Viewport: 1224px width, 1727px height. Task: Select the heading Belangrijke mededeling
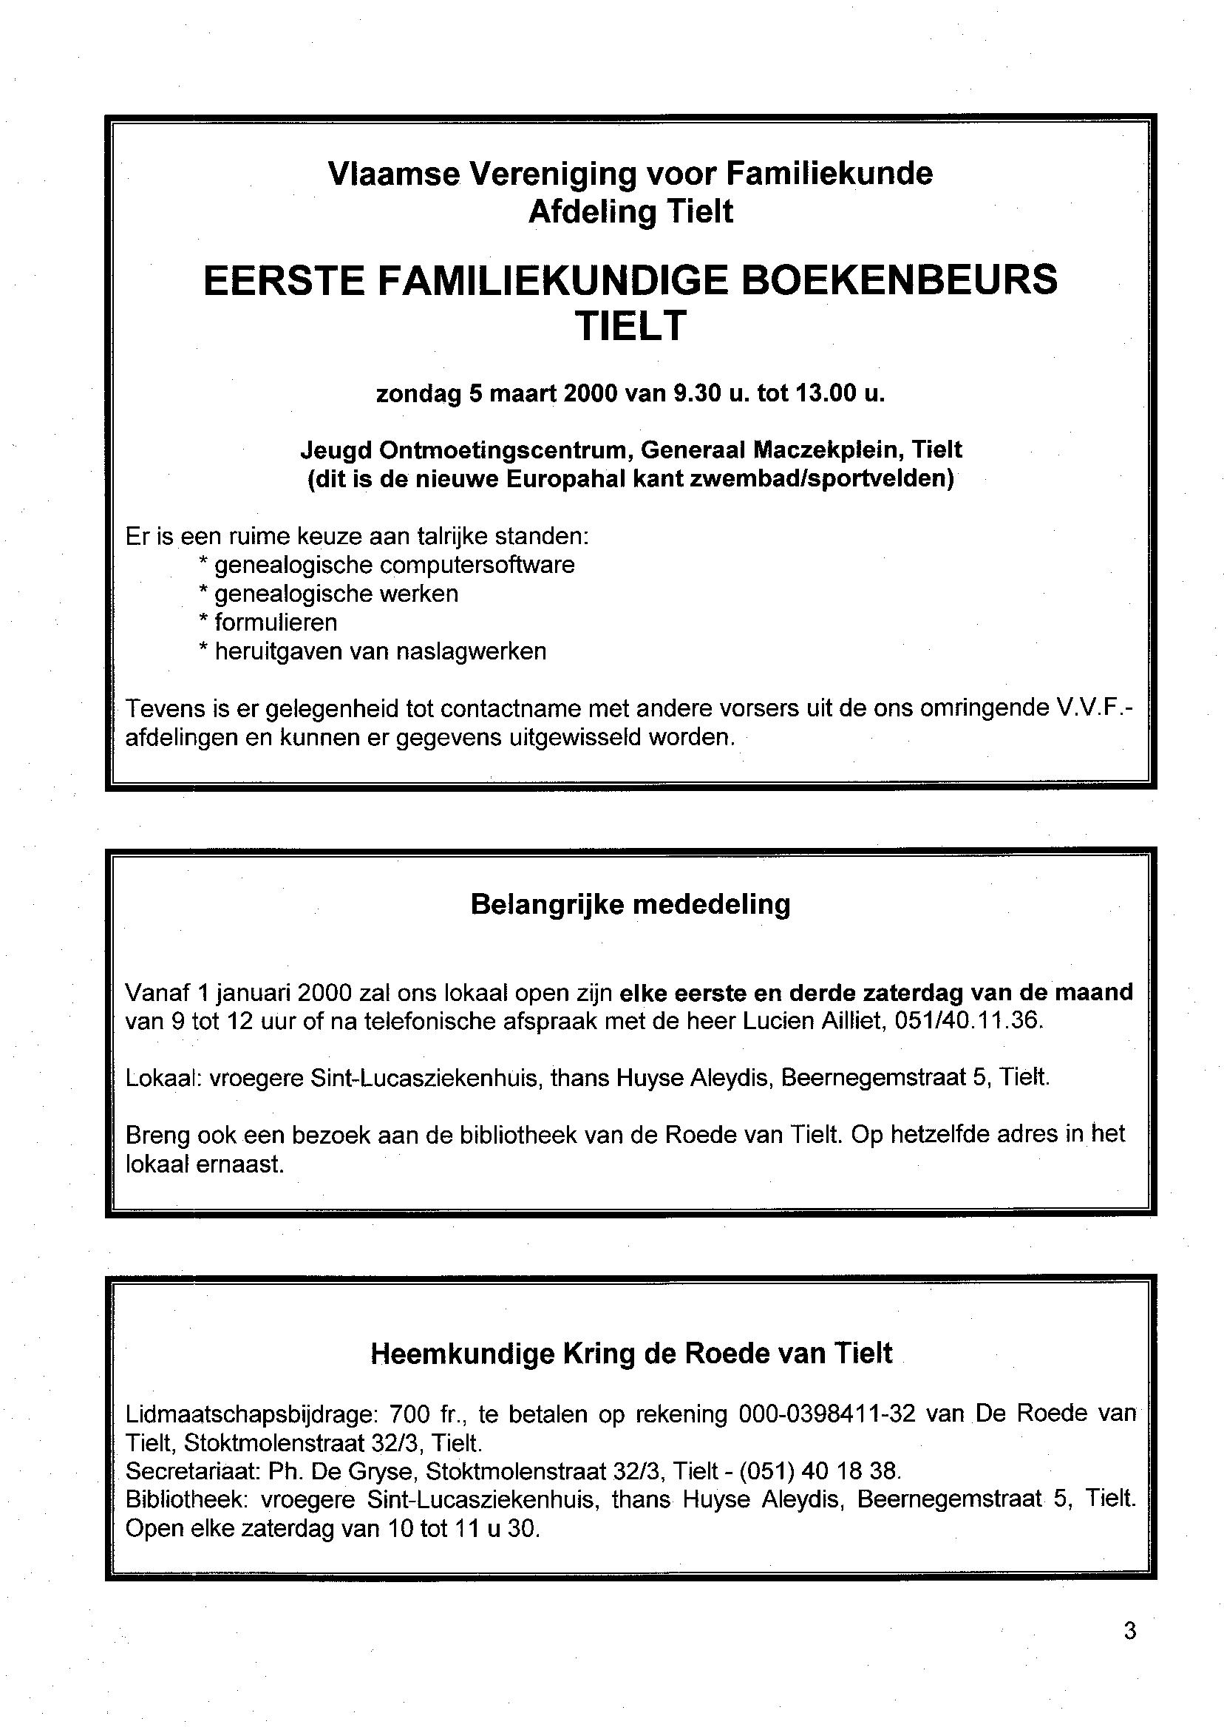(x=630, y=904)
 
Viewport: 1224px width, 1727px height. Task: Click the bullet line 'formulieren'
(x=276, y=622)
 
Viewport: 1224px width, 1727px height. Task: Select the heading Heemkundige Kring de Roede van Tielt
(x=630, y=1354)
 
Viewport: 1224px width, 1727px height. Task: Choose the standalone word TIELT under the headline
(x=630, y=327)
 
